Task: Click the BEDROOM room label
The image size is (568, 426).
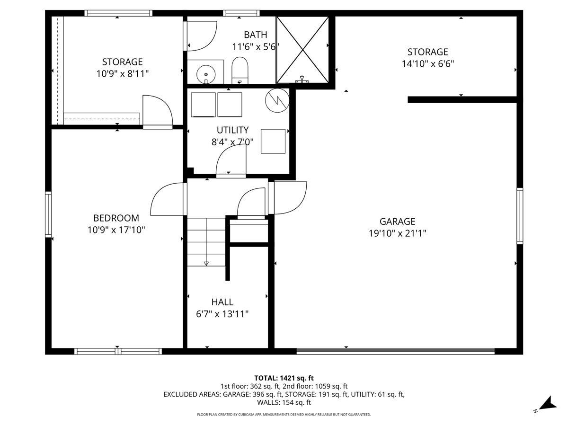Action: (116, 218)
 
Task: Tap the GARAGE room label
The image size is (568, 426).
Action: (397, 221)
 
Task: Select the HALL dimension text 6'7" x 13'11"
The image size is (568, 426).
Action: (222, 314)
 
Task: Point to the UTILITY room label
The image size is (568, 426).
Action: (232, 130)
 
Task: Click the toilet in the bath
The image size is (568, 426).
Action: (240, 71)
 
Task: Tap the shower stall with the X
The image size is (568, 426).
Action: (302, 49)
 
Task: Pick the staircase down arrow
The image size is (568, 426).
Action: (206, 263)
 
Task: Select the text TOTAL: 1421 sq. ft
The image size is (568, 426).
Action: (284, 378)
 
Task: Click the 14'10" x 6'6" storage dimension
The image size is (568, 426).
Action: (427, 64)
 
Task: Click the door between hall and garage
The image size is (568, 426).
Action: (289, 197)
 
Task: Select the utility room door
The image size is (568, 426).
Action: (231, 161)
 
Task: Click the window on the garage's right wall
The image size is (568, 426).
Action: (520, 215)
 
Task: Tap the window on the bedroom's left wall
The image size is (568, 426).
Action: (48, 214)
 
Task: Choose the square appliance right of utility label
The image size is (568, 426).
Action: (273, 141)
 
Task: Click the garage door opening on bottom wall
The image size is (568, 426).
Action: (395, 351)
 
